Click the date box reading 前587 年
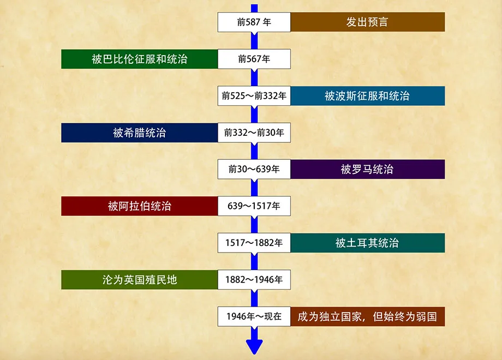click(254, 22)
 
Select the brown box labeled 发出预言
click(367, 22)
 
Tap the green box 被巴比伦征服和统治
click(139, 59)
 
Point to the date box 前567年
click(254, 59)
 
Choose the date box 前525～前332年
click(254, 96)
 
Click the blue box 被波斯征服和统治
click(367, 96)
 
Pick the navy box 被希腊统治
click(139, 133)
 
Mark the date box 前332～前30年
click(254, 133)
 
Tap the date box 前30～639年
click(254, 170)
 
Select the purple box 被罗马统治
click(367, 170)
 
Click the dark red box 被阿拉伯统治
click(139, 206)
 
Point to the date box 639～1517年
click(254, 206)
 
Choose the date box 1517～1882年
click(254, 243)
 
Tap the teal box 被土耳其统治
click(367, 243)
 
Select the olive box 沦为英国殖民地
click(139, 280)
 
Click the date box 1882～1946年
click(254, 280)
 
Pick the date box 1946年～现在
click(254, 316)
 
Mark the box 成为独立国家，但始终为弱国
click(367, 316)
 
